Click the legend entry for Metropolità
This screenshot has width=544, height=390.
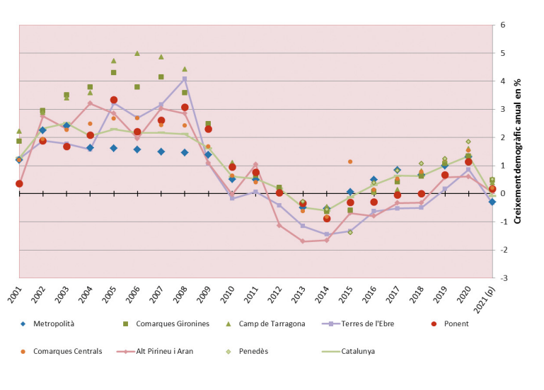(x=53, y=323)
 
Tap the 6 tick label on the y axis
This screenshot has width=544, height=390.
(x=502, y=25)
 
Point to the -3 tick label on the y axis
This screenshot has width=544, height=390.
(x=502, y=278)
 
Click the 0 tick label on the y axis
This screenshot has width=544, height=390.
(x=502, y=194)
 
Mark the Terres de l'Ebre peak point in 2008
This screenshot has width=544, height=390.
(x=185, y=79)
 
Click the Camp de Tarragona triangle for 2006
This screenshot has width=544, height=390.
(x=137, y=53)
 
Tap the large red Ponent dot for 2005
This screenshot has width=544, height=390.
(x=114, y=100)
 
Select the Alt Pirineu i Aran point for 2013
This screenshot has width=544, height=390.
(x=303, y=241)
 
